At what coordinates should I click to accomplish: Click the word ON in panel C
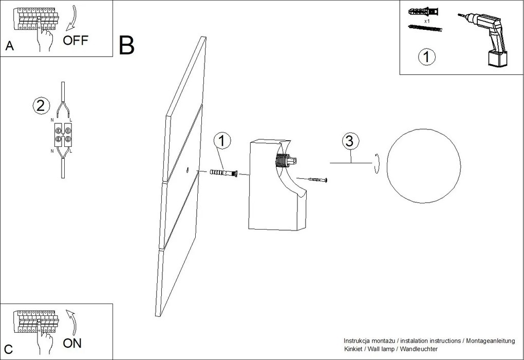pos(72,343)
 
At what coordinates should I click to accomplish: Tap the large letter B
pos(126,46)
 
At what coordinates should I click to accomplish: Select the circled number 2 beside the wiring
pos(41,106)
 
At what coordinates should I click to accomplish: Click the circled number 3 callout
pos(349,141)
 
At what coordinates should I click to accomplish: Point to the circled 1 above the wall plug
pos(221,140)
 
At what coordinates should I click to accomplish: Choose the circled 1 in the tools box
pos(426,56)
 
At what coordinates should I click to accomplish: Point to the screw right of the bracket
pos(315,180)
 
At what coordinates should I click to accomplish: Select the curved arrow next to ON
pos(72,321)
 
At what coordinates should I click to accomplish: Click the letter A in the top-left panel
pos(9,46)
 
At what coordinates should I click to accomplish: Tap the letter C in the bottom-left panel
pos(9,350)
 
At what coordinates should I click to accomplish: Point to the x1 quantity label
pos(427,22)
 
